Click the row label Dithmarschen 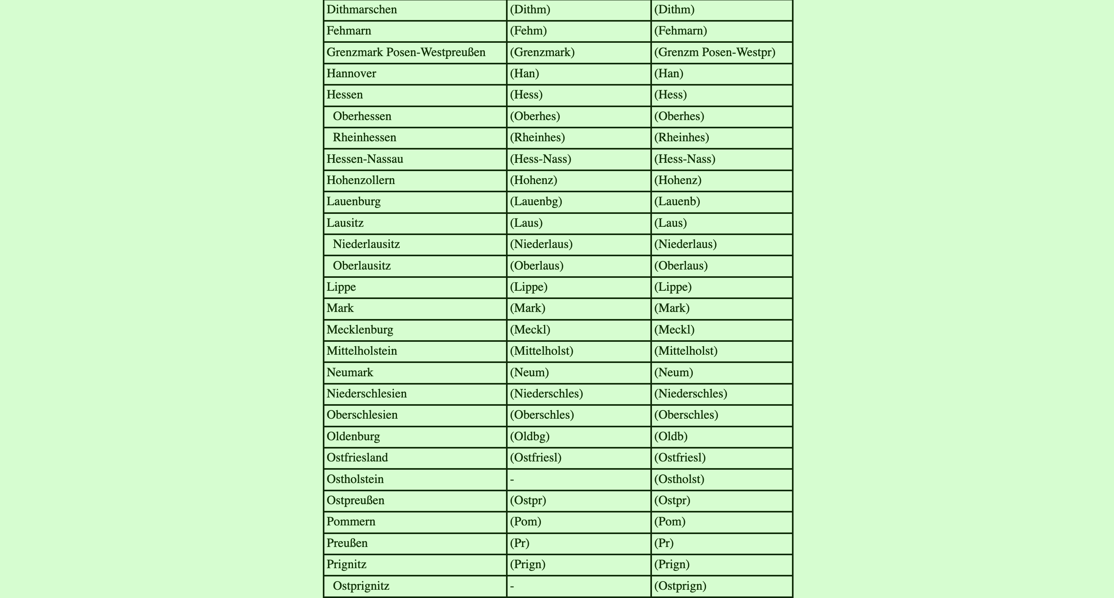tap(362, 9)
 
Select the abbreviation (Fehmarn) tap(680, 31)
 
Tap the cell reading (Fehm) tap(528, 31)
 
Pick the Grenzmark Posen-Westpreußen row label tap(406, 52)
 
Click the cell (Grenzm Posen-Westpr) tap(714, 52)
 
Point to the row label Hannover tap(351, 73)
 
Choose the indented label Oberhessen tap(362, 117)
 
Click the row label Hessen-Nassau tap(364, 159)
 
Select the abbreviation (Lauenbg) tap(536, 202)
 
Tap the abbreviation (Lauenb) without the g tap(677, 202)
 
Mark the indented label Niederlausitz tap(366, 244)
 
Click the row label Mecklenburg tap(360, 330)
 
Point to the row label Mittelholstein tap(362, 351)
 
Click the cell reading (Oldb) tap(670, 436)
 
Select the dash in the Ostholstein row tap(512, 479)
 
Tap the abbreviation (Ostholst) tap(679, 479)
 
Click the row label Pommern tap(351, 522)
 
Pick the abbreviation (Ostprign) tap(680, 586)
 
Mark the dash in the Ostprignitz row tap(512, 586)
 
